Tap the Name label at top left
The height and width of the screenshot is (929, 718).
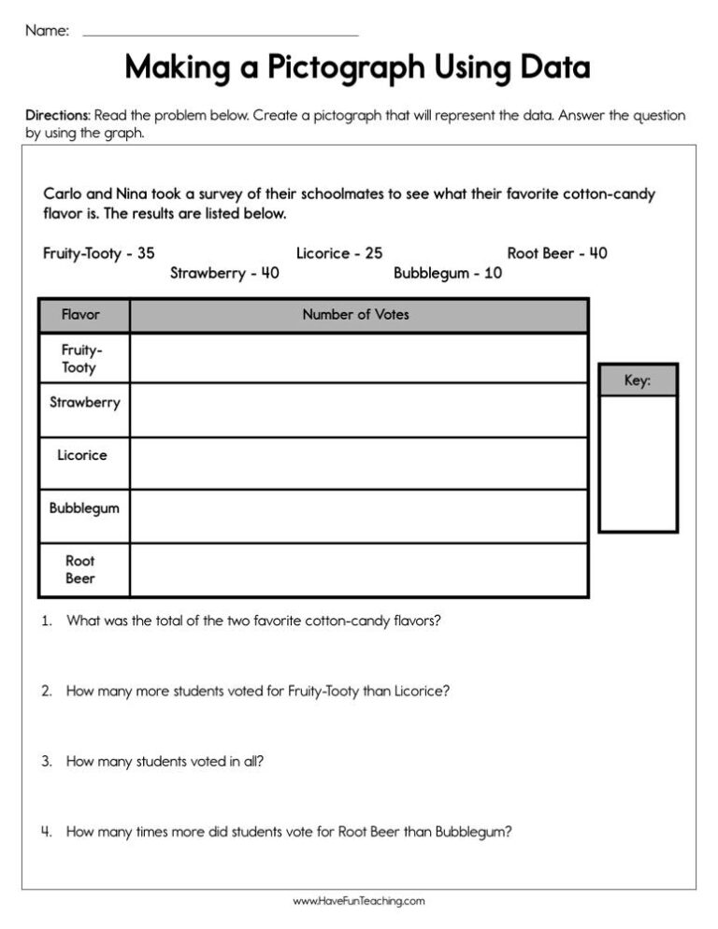pos(47,31)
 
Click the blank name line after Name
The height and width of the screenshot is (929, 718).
pos(221,34)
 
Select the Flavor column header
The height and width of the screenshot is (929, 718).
pos(80,315)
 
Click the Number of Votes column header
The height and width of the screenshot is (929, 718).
pos(355,315)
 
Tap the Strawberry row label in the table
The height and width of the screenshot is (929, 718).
pos(84,403)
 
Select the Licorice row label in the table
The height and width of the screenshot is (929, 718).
pos(82,455)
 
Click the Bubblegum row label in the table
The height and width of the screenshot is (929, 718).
pos(84,508)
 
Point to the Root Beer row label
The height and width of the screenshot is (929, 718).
pos(80,570)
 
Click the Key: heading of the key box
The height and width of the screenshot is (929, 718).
pos(637,380)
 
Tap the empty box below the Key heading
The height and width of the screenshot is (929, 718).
pos(637,463)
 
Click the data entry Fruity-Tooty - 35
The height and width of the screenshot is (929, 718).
pos(99,253)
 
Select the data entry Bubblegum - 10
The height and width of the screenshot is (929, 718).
pos(447,274)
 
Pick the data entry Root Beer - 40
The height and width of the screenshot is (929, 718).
pos(557,253)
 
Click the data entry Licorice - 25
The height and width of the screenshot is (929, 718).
pos(339,253)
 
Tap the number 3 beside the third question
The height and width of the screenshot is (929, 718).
pos(46,762)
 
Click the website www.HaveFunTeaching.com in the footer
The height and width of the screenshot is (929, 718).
pos(359,902)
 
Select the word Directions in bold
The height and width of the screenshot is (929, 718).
pos(57,116)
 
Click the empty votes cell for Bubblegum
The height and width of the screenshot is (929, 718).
pos(359,516)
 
